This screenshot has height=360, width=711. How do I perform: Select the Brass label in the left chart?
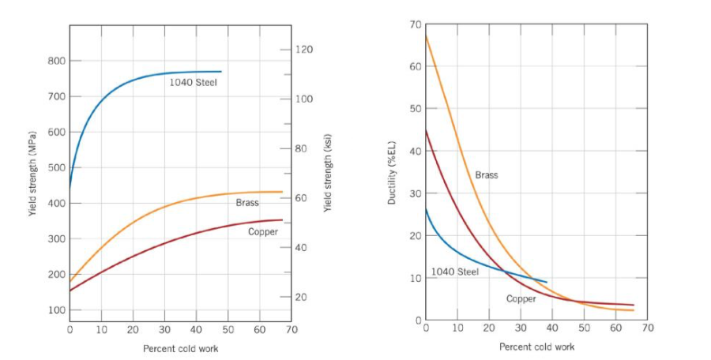[x=247, y=203]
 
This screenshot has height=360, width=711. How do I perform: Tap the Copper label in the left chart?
[x=263, y=231]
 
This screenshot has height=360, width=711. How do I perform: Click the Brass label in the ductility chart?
[x=487, y=175]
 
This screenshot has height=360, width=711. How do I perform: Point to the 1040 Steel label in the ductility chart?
[x=454, y=272]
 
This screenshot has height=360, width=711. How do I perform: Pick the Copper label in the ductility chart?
[x=521, y=298]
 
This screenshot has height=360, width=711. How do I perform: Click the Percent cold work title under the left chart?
[x=180, y=348]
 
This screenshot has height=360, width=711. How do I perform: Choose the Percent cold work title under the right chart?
[x=536, y=347]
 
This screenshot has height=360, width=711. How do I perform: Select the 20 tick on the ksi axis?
[x=302, y=298]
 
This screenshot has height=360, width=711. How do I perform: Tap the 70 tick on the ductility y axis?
[x=416, y=25]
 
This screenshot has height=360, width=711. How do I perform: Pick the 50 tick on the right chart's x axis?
[x=584, y=327]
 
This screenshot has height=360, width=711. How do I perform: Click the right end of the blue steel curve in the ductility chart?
[x=547, y=282]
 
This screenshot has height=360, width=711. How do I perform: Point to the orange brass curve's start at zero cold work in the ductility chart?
[x=426, y=36]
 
